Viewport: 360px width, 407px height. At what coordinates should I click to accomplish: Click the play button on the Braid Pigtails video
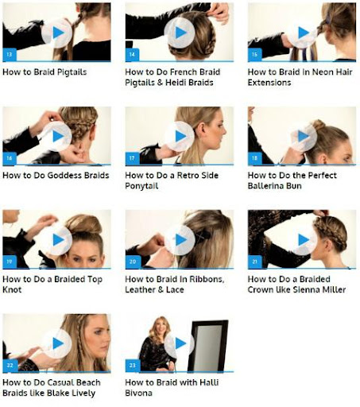click(57, 33)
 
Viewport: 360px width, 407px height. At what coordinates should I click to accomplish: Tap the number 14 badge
click(132, 55)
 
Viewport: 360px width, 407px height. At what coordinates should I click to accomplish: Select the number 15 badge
click(255, 55)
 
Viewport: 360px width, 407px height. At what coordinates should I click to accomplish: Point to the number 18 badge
click(255, 158)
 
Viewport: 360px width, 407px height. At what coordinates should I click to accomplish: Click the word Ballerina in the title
click(265, 186)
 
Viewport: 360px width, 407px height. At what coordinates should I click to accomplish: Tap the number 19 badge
click(10, 262)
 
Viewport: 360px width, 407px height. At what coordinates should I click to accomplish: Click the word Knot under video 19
click(12, 289)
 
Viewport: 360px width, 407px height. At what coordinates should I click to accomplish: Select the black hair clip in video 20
click(203, 235)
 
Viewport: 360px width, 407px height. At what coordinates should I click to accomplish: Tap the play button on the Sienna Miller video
click(303, 240)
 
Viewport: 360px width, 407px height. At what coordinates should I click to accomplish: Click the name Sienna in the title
click(307, 289)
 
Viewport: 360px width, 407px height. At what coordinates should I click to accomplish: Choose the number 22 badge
click(10, 366)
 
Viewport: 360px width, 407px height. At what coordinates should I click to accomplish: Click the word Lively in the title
click(83, 393)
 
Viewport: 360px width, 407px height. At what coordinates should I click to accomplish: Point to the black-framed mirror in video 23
click(208, 346)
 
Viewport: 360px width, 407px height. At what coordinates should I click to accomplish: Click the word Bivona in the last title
click(138, 393)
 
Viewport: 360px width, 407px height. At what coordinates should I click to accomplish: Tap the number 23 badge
click(133, 366)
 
